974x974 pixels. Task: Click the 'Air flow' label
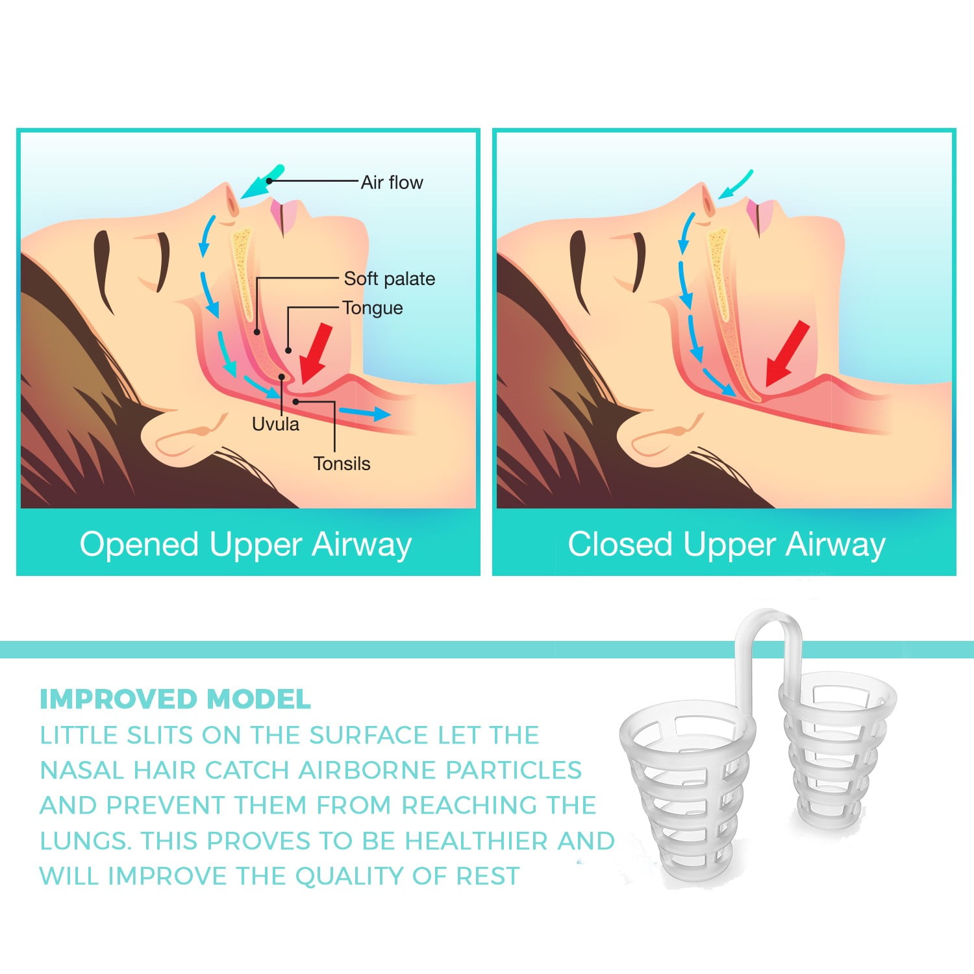tap(392, 182)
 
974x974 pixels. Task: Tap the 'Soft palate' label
tap(390, 279)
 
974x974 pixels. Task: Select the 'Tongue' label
tap(373, 308)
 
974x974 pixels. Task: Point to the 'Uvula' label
tap(275, 424)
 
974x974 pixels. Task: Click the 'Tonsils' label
tap(342, 464)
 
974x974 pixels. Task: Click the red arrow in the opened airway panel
tap(316, 353)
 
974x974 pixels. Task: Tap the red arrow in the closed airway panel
tap(787, 354)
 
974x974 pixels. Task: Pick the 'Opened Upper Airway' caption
tap(245, 544)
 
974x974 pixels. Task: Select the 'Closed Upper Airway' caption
tap(726, 544)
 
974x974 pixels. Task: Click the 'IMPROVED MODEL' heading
tap(175, 699)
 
